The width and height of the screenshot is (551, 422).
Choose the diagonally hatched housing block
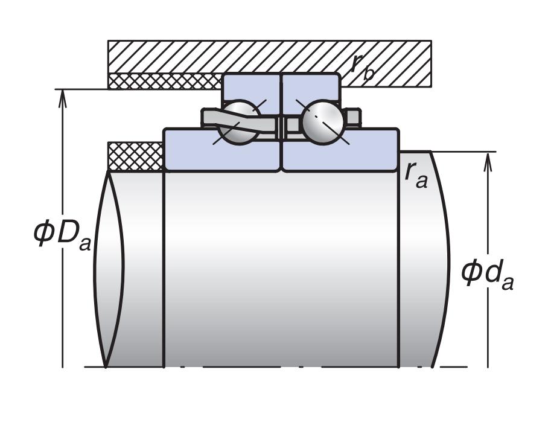[x=269, y=57]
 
